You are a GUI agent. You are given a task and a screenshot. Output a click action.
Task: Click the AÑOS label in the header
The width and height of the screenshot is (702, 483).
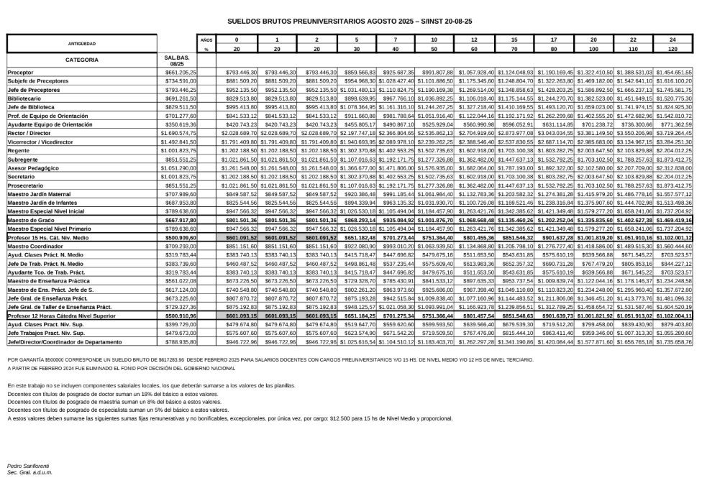[206, 40]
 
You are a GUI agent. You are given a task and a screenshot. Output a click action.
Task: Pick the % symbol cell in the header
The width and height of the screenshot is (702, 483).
[206, 50]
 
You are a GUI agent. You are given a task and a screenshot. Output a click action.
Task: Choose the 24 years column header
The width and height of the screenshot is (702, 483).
[673, 40]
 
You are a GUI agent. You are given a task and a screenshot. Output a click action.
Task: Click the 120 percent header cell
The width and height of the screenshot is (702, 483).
[673, 50]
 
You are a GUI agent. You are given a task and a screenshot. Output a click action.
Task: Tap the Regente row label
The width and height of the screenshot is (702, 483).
[19, 151]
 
